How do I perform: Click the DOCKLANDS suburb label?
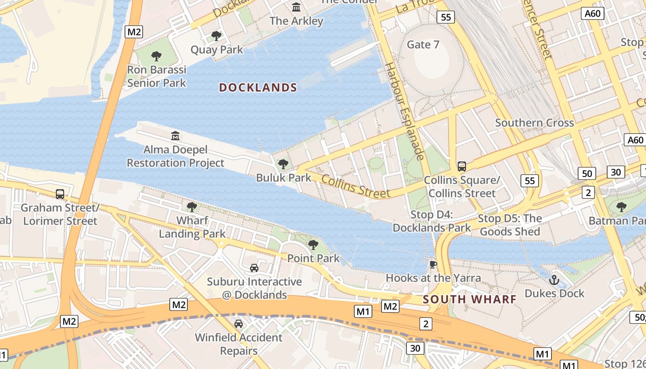(258, 88)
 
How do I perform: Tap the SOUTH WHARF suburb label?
(470, 299)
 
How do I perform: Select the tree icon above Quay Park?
(216, 36)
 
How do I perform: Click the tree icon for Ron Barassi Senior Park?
(156, 56)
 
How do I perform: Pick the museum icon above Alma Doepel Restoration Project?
(175, 136)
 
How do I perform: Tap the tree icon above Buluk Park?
(283, 164)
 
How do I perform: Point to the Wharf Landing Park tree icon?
(192, 207)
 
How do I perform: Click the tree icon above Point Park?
(313, 244)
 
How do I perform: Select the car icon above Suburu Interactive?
(254, 268)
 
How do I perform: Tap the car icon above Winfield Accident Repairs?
(239, 323)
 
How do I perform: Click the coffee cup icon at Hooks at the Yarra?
(433, 264)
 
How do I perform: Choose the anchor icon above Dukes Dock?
(554, 280)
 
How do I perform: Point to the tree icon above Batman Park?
(622, 207)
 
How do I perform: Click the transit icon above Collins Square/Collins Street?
(461, 166)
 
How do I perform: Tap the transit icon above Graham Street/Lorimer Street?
(60, 194)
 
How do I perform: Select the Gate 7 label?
(423, 45)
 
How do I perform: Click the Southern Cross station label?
(534, 123)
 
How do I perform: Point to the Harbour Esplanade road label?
(404, 111)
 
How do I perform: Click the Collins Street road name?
(356, 187)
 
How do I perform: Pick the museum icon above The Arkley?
(296, 7)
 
